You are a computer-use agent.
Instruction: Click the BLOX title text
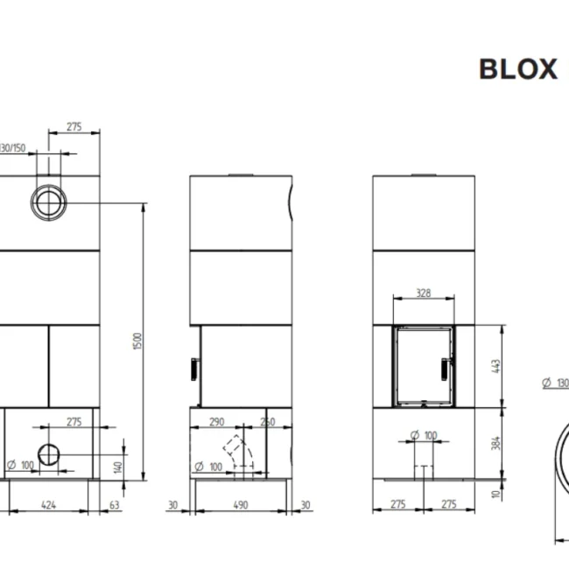pos(517,69)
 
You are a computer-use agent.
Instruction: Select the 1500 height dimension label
pos(136,341)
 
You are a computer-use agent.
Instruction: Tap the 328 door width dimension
pos(423,293)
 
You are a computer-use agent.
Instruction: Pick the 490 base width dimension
pos(241,504)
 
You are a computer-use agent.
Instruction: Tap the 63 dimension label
pos(114,504)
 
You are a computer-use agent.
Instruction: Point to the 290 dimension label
pos(217,422)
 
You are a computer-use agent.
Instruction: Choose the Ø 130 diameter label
pos(556,383)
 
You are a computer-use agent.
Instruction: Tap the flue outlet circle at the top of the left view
pos(47,202)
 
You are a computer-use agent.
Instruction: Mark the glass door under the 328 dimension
pos(423,365)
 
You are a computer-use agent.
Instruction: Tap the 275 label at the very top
pos(74,127)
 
